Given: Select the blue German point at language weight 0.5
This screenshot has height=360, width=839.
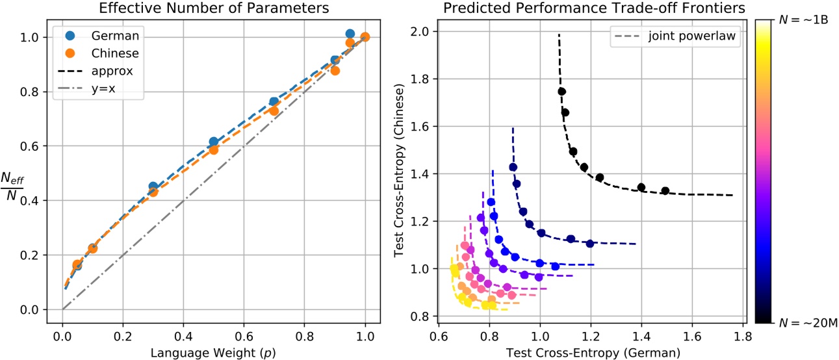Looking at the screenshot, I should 213,142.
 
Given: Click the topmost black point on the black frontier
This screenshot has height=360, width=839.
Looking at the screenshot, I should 561,92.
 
